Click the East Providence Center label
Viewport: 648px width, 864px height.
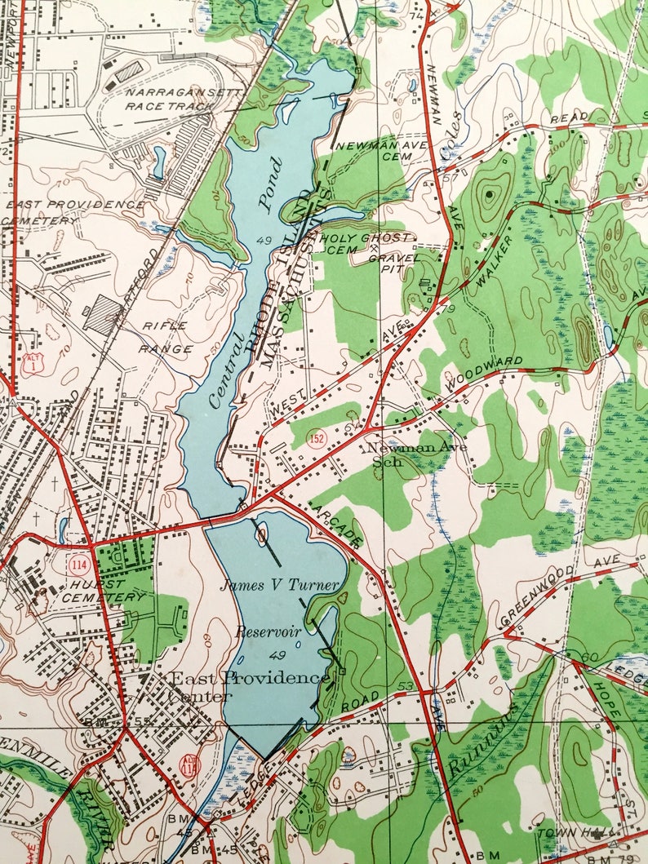pos(245,686)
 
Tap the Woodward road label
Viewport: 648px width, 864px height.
pos(483,372)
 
